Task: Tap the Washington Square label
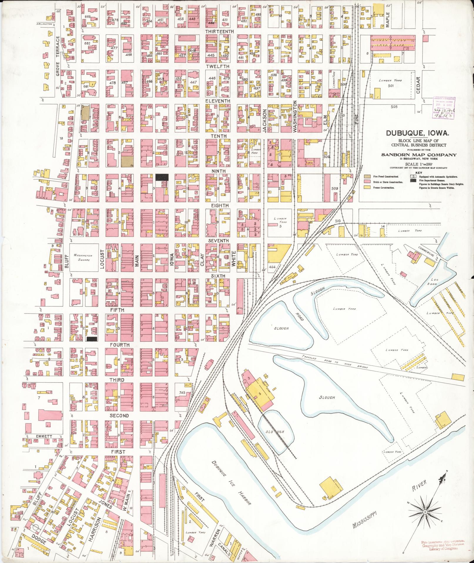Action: (81, 258)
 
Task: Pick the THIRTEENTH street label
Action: (219, 31)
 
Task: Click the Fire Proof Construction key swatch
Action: (367, 177)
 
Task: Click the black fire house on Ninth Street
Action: (162, 177)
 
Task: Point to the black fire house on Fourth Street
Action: (92, 339)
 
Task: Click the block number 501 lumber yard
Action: (391, 86)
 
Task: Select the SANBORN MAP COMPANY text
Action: (419, 155)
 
